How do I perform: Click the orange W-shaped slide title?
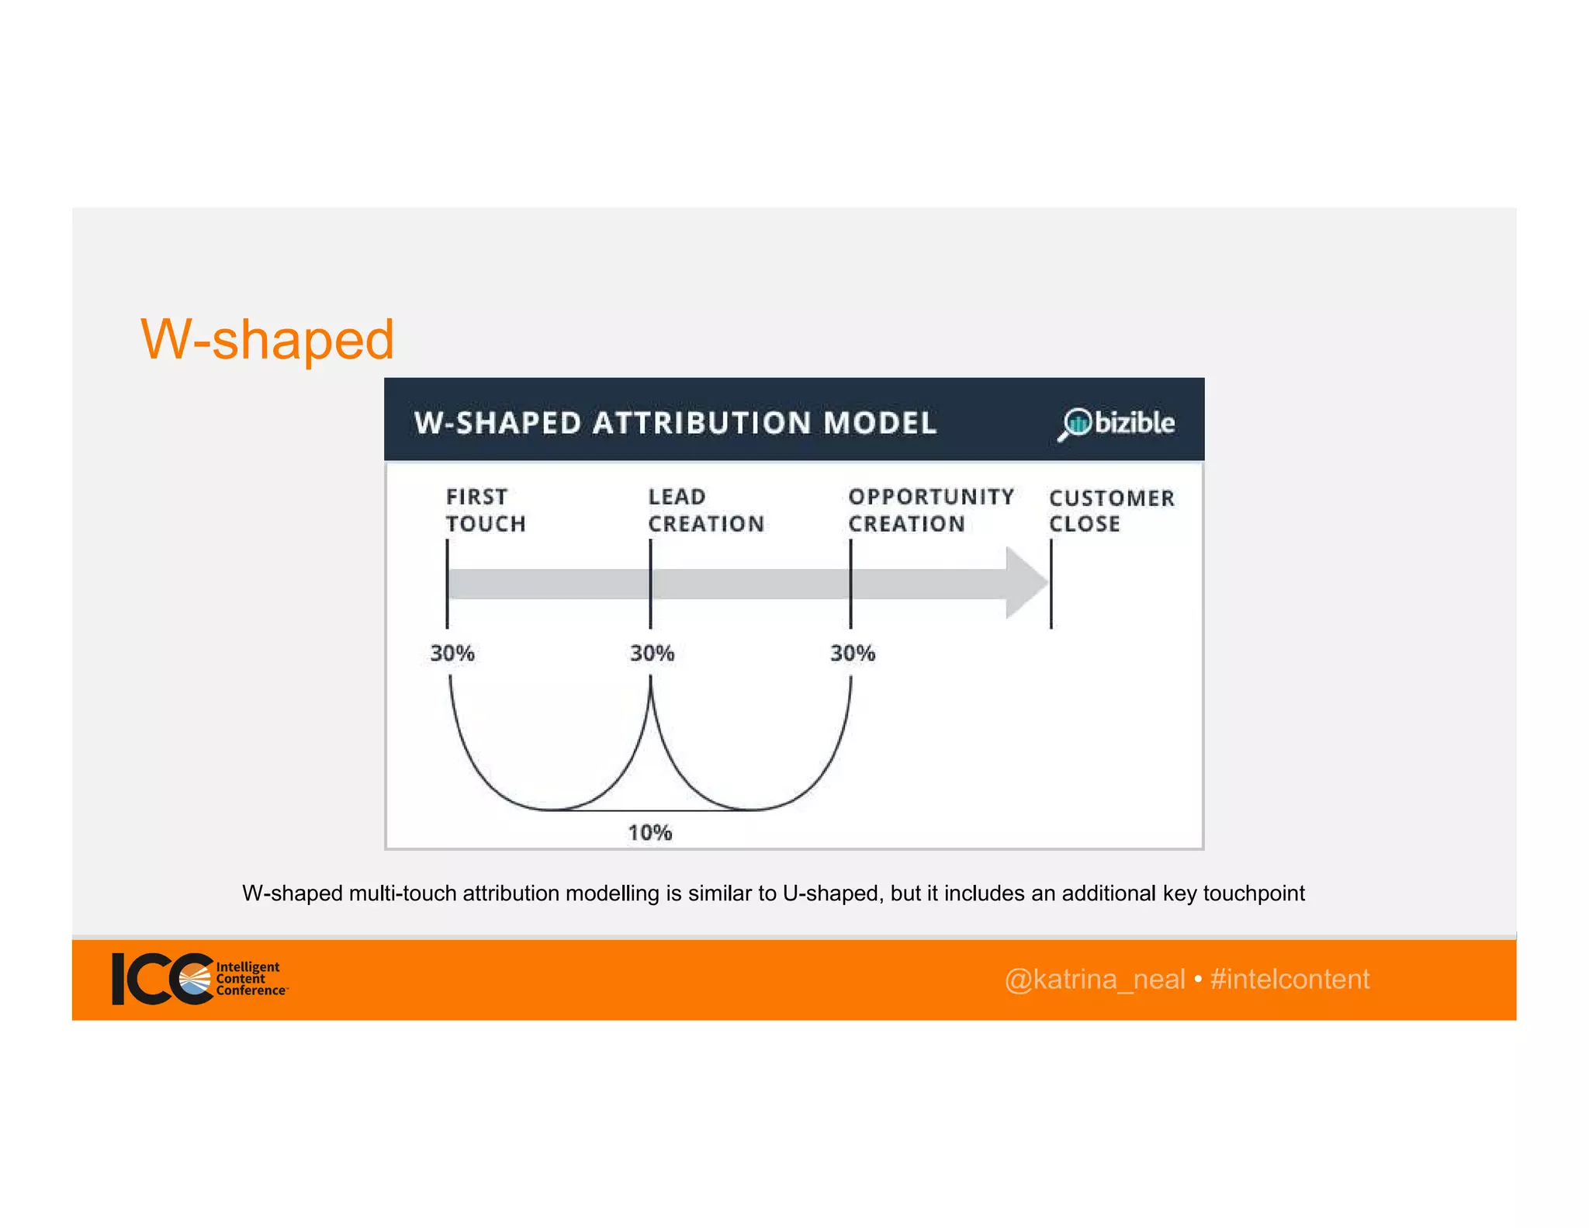pos(267,339)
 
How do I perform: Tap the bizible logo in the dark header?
pos(1117,423)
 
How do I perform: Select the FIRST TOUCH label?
pos(485,510)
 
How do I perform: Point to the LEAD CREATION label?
pos(705,510)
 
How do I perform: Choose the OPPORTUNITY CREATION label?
pos(930,510)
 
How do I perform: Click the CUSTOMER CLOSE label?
pos(1111,511)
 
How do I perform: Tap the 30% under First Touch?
pos(452,653)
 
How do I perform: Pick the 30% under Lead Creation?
pos(652,653)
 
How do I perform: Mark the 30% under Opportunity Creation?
pos(852,653)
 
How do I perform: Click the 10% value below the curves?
pos(649,833)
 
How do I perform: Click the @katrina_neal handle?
pos(1094,980)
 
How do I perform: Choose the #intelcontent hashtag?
pos(1290,980)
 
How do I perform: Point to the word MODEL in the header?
pos(880,423)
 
